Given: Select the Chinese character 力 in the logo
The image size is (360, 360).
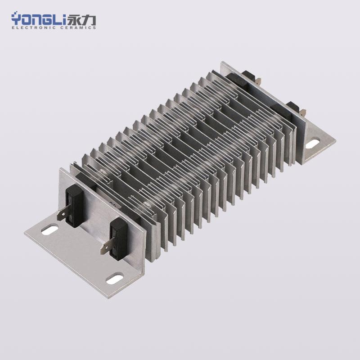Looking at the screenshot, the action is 88,20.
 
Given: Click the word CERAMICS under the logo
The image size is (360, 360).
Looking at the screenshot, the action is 78,27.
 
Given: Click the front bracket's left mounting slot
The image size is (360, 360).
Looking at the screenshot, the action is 49,230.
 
